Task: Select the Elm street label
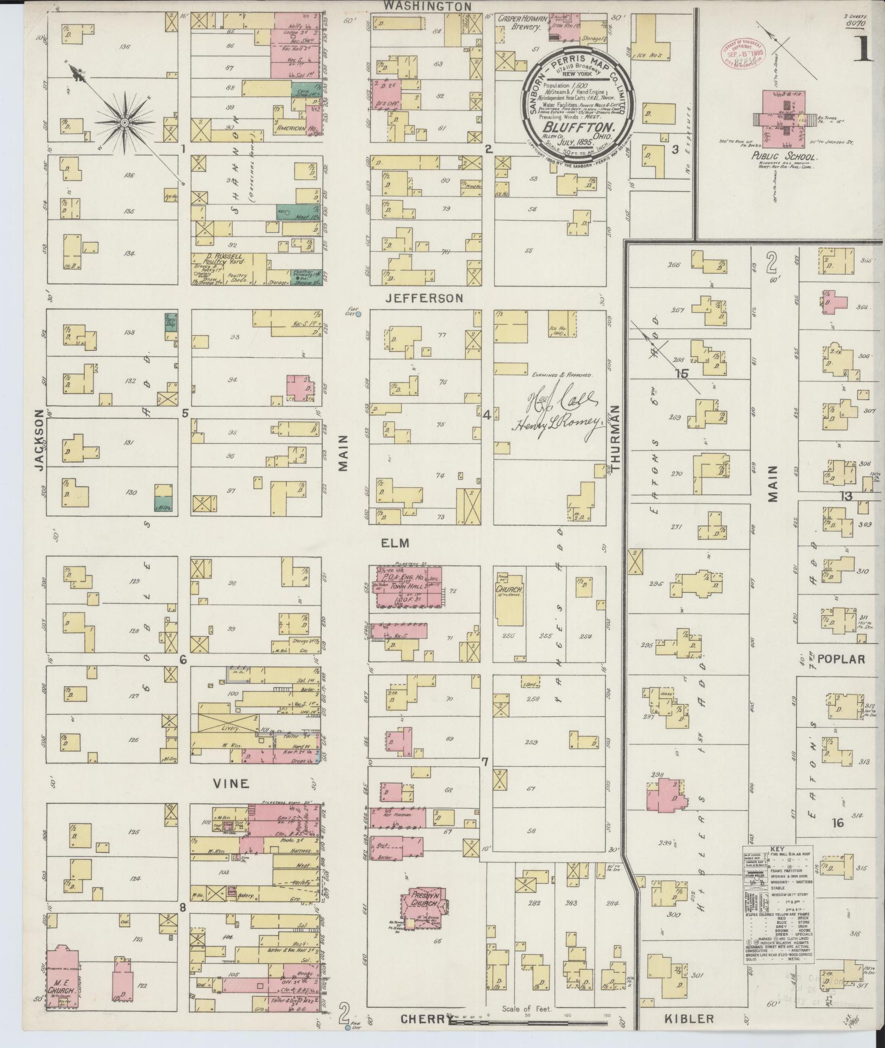click(394, 542)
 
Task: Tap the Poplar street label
click(840, 659)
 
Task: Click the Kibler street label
click(689, 1019)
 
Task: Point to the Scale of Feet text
click(527, 1008)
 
